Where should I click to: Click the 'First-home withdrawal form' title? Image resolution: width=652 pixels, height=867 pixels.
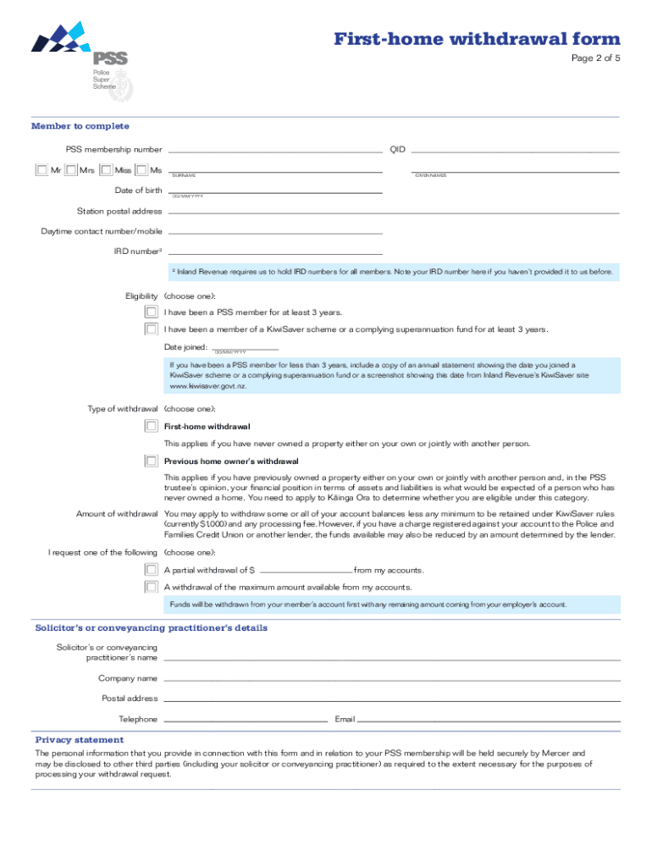tap(477, 39)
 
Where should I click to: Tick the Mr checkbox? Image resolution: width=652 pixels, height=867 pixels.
tap(41, 170)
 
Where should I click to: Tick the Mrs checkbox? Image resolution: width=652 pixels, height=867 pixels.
tap(71, 170)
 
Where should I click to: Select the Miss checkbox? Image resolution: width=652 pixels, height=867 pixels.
tap(106, 170)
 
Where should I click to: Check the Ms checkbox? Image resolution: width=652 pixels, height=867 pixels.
tap(142, 170)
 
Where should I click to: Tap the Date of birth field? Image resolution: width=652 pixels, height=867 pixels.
tap(274, 189)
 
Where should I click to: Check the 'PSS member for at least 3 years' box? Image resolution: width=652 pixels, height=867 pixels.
tap(151, 312)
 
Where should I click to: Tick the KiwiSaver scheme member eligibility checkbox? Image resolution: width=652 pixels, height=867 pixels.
tap(151, 329)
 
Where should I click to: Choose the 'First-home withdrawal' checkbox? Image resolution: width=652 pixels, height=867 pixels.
tap(151, 426)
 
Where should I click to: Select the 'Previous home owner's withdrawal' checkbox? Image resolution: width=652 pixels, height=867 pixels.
tap(151, 461)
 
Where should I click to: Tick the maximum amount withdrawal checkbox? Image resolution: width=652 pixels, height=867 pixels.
tap(151, 587)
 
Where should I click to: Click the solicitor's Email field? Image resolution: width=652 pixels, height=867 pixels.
tap(489, 718)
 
